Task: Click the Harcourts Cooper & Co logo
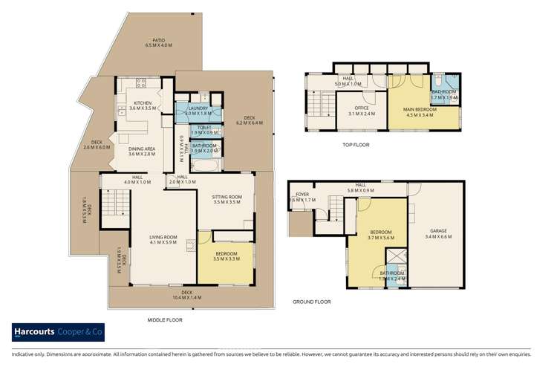click(x=56, y=332)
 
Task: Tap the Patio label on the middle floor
click(x=158, y=43)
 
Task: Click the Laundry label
click(x=198, y=111)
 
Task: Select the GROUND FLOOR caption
click(x=310, y=302)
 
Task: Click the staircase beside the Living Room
click(x=115, y=204)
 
